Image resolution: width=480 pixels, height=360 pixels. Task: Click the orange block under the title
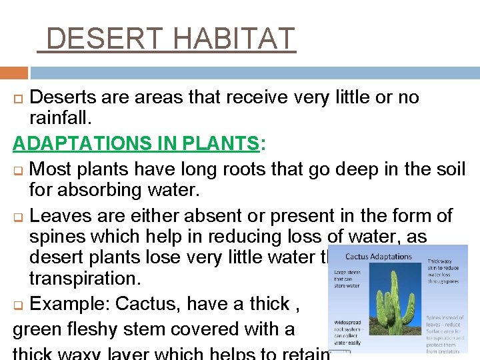[x=13, y=73]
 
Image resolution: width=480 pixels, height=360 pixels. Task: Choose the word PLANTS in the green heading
[x=224, y=143]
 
